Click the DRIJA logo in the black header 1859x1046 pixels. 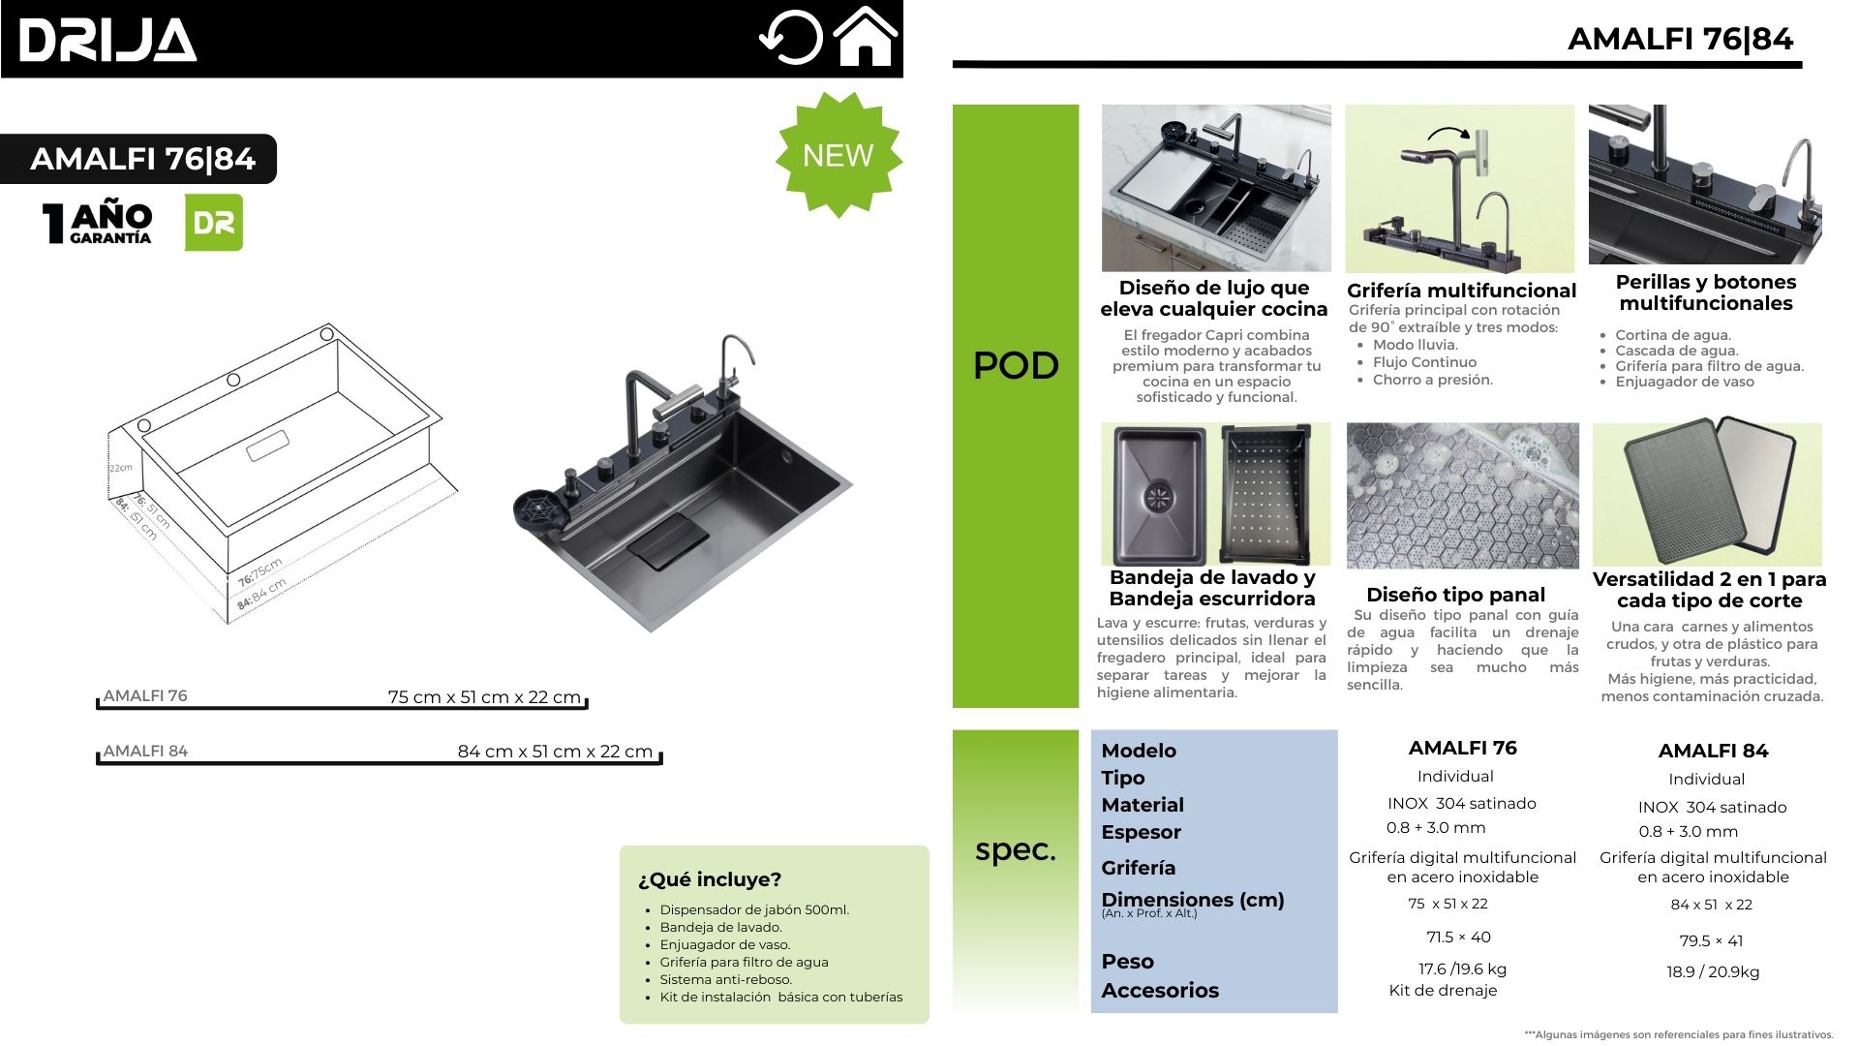click(107, 41)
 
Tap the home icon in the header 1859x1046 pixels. click(866, 37)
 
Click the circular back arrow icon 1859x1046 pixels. click(790, 38)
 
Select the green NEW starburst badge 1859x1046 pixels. click(838, 155)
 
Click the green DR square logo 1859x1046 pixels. click(214, 223)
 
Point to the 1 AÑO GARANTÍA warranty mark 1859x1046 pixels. click(98, 223)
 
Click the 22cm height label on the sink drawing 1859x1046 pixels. click(120, 468)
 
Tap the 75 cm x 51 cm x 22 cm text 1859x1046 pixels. click(484, 697)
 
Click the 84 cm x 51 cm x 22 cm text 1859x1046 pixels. click(555, 752)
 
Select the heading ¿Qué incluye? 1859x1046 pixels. click(710, 879)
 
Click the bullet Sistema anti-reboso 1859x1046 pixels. click(725, 979)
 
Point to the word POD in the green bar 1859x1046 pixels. click(1016, 365)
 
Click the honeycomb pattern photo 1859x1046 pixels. click(1462, 495)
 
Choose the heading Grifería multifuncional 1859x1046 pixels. click(1461, 291)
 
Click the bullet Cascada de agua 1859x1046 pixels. click(1676, 351)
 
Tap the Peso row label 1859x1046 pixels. click(1127, 962)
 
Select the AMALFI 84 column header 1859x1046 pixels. click(1713, 751)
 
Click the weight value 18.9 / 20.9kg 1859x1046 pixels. click(1713, 971)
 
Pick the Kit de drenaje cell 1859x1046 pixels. click(1443, 991)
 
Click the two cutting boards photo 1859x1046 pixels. click(1707, 493)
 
